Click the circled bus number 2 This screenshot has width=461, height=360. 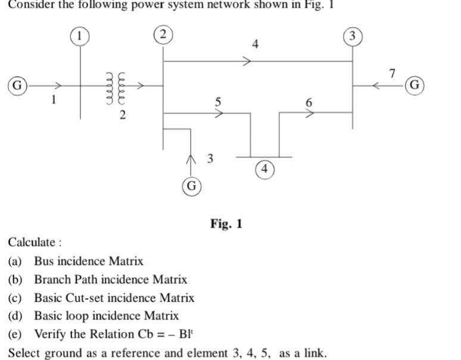point(163,33)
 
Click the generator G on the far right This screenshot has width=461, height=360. point(415,86)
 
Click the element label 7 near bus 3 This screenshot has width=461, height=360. point(391,74)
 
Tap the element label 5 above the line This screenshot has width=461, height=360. point(219,102)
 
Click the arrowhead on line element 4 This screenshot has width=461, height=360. point(245,61)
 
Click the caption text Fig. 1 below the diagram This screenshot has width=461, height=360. point(226,224)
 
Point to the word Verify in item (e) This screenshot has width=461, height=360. point(51,334)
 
